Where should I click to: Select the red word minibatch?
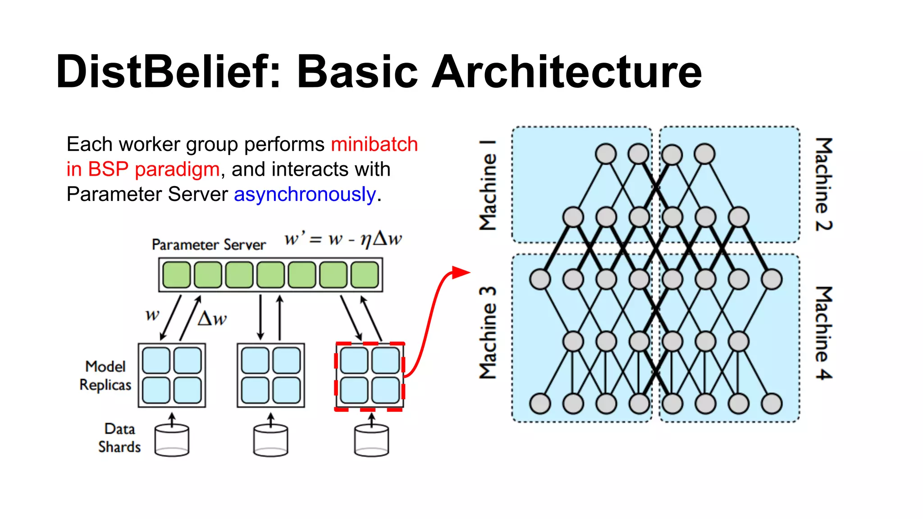click(x=374, y=145)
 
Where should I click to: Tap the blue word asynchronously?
click(x=305, y=195)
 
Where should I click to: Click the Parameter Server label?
click(x=209, y=245)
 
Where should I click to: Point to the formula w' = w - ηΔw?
click(x=343, y=239)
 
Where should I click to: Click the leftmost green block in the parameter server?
click(x=176, y=275)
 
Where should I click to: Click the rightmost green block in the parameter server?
click(x=364, y=275)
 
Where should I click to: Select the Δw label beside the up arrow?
click(x=212, y=319)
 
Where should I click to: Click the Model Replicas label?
click(x=105, y=376)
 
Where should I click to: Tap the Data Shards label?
click(x=119, y=438)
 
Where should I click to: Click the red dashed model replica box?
click(x=370, y=376)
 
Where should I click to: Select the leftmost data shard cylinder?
click(x=172, y=440)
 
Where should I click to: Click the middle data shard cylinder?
click(x=270, y=440)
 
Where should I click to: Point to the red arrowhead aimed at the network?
click(x=461, y=272)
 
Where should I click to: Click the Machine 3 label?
click(x=488, y=332)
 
